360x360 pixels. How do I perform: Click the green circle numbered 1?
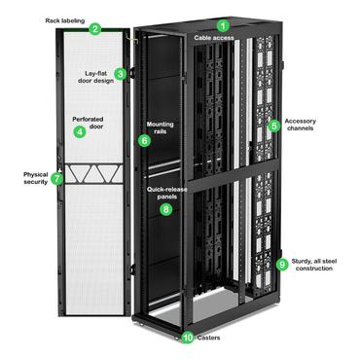tap(223, 26)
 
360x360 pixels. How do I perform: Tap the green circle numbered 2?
tap(95, 29)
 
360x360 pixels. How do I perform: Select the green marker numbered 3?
tap(121, 73)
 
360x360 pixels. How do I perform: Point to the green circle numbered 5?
tap(274, 126)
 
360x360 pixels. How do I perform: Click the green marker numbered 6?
tap(145, 140)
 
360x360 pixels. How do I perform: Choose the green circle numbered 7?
tap(57, 179)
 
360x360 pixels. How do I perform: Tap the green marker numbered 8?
tap(165, 208)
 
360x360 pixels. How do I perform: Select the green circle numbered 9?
tap(282, 264)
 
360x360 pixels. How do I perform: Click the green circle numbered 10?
tap(189, 338)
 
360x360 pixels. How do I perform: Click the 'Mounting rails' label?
tap(161, 127)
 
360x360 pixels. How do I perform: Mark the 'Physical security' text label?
tap(27, 179)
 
